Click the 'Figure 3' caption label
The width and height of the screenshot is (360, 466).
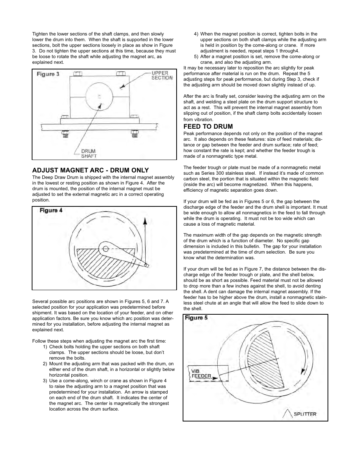(48, 74)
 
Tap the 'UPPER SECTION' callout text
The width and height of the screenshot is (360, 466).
(162, 75)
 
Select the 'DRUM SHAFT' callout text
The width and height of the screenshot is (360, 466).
(89, 154)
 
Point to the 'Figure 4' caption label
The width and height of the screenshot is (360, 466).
(51, 211)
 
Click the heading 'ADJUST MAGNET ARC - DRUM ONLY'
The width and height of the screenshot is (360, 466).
(90, 170)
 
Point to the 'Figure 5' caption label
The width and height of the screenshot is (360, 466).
(196, 318)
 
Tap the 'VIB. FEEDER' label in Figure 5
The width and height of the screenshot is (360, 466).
(201, 374)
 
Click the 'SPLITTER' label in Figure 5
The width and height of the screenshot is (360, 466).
(305, 414)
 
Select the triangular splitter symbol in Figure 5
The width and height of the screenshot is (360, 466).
(287, 414)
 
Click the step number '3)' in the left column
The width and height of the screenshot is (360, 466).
(45, 381)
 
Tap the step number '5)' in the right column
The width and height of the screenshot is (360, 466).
(196, 57)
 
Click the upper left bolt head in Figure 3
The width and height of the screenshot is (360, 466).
(77, 73)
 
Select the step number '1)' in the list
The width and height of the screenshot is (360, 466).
(45, 347)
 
